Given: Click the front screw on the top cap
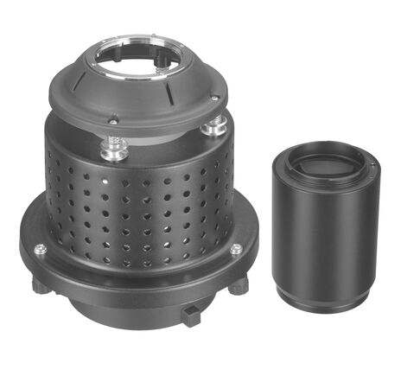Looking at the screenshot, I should [x=114, y=122].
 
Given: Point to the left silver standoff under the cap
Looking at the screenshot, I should [x=111, y=151].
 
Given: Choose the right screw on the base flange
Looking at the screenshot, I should [x=235, y=249].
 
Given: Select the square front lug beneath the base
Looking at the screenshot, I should [x=190, y=315].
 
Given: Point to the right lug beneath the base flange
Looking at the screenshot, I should [x=238, y=284].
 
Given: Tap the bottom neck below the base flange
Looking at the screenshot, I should [x=130, y=303].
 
